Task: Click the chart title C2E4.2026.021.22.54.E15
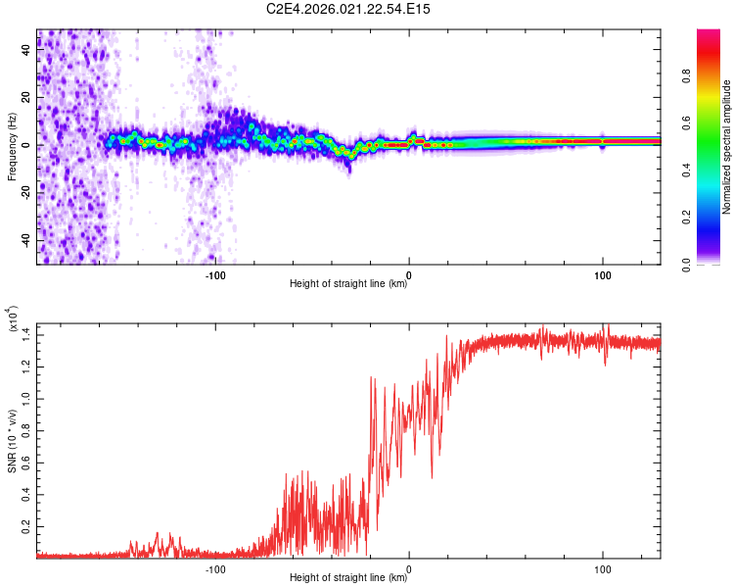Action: click(348, 9)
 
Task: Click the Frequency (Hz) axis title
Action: click(11, 147)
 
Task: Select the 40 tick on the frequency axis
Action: click(27, 51)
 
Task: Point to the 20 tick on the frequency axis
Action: click(27, 98)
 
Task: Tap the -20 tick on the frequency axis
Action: click(27, 193)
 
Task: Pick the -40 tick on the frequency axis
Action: click(27, 240)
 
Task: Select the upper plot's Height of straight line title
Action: click(348, 285)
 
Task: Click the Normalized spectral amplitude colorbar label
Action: click(726, 147)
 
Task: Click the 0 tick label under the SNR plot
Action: click(409, 567)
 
